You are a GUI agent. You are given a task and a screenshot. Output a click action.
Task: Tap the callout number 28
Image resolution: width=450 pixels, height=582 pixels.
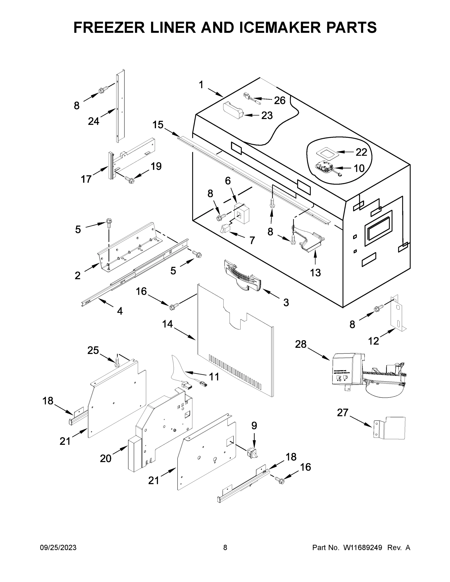(x=301, y=344)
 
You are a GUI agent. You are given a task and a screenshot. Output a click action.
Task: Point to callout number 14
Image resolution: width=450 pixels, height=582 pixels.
(x=167, y=324)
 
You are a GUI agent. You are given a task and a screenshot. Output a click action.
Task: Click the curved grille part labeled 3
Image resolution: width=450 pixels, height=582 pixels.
(x=242, y=276)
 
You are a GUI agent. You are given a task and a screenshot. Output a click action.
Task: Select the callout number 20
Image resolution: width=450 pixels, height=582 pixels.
(x=106, y=458)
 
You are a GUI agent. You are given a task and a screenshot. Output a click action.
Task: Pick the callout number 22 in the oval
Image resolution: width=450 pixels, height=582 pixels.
(x=361, y=152)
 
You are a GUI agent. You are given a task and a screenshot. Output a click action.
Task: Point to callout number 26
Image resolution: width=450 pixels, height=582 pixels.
(x=280, y=100)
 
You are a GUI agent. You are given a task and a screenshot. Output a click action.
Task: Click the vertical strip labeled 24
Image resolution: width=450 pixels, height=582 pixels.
(x=121, y=107)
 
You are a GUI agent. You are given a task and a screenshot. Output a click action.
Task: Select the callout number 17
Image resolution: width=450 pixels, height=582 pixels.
(x=86, y=179)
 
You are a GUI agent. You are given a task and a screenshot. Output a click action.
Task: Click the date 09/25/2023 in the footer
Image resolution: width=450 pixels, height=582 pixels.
(x=58, y=548)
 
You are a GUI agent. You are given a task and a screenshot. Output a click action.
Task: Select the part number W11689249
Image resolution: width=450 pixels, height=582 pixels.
(x=363, y=548)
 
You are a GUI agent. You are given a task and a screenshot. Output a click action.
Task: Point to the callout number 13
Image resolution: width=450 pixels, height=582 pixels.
(x=315, y=273)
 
